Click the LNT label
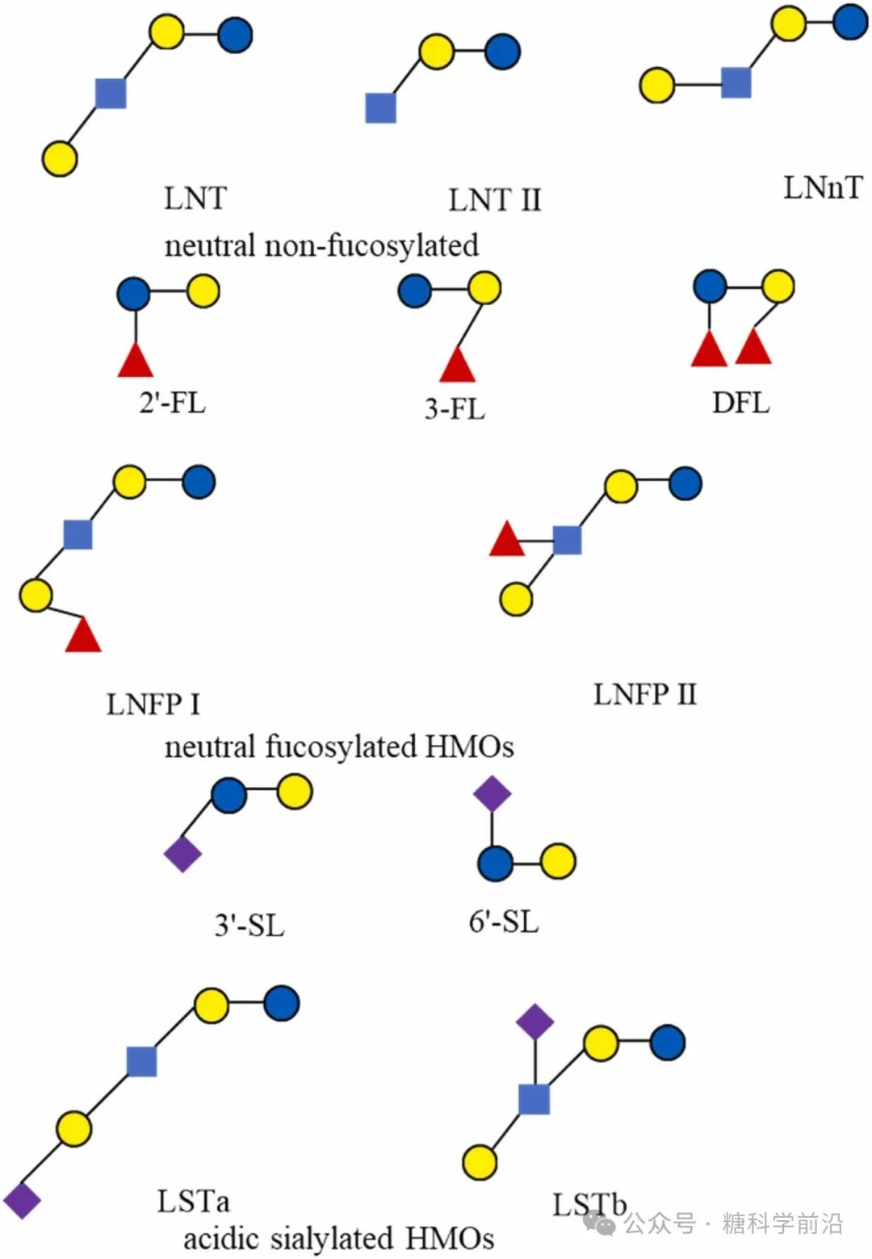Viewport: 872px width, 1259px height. point(195,198)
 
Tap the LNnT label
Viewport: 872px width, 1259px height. point(822,187)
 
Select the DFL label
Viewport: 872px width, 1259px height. point(740,402)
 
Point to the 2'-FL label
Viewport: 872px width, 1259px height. point(172,401)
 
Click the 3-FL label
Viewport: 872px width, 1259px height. point(455,409)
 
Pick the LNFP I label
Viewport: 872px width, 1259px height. point(153,705)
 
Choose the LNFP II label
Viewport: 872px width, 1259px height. point(644,694)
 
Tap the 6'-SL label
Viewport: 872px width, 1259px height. point(503,921)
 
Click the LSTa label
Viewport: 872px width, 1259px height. point(193,1201)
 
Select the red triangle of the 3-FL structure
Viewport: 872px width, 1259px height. point(458,366)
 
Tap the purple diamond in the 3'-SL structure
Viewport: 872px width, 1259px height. point(182,854)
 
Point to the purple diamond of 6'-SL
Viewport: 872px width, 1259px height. point(493,793)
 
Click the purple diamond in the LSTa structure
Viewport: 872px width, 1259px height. point(22,1200)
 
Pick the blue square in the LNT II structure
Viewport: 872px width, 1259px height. point(380,108)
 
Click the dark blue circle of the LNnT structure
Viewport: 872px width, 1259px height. point(850,22)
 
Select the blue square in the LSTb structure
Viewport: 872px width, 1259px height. point(534,1099)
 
